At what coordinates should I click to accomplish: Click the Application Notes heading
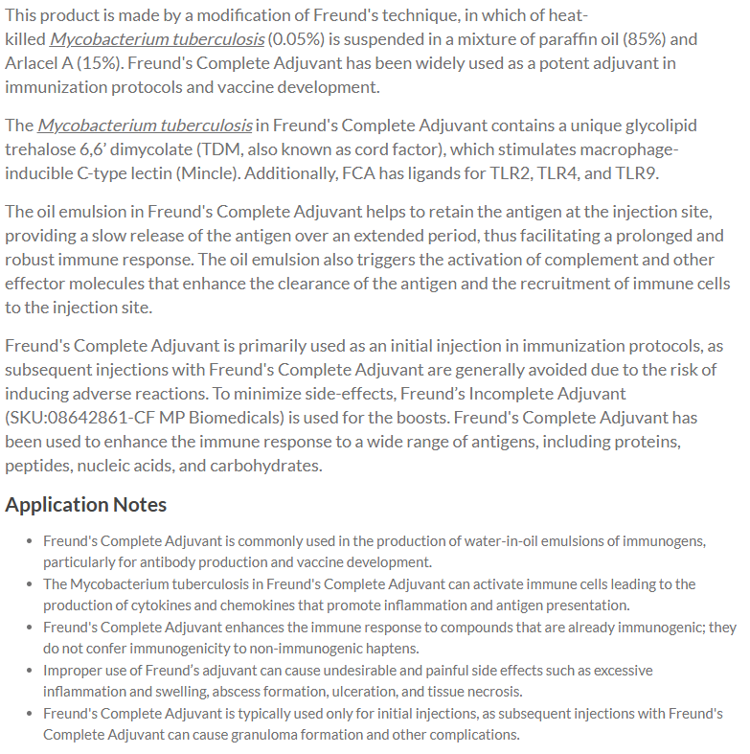click(86, 505)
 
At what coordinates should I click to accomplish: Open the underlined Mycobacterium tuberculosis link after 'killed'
click(156, 39)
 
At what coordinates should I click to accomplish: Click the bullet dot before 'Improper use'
click(30, 670)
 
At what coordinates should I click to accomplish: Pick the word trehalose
click(39, 149)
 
